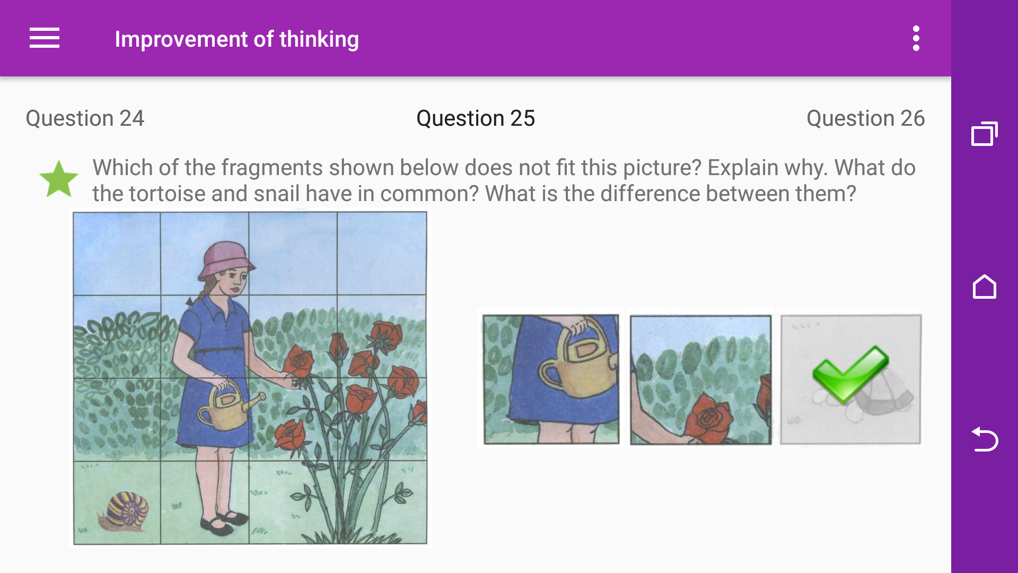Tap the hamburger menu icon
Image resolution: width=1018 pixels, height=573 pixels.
coord(45,38)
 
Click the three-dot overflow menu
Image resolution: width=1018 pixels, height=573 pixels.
coord(916,38)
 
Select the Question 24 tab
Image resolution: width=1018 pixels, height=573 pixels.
coord(85,118)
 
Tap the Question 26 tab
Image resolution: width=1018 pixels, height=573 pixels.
coord(865,118)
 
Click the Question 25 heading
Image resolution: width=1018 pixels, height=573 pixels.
coord(476,118)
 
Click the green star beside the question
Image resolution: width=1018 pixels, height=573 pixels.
coord(59,180)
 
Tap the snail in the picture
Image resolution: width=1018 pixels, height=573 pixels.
coord(125,511)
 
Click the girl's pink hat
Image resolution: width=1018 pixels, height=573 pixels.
coord(225,260)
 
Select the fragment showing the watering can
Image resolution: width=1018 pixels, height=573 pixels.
coord(551,379)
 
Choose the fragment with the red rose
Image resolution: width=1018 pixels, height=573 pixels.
coord(700,379)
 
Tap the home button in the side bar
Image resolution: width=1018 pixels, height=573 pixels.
coord(984,287)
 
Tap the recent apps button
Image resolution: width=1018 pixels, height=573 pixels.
coord(984,134)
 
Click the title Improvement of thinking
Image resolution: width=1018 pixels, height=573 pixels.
coord(236,39)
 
